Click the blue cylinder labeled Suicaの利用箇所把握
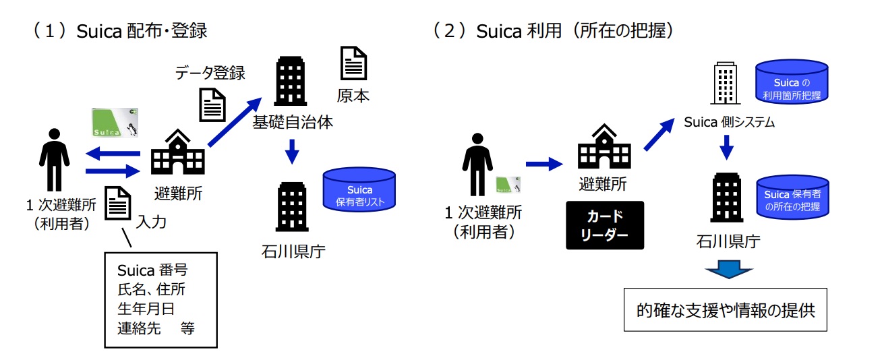(x=792, y=83)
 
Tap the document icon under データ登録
(x=212, y=104)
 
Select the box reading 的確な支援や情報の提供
(x=725, y=311)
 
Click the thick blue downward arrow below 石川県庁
(x=729, y=272)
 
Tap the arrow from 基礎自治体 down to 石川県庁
(x=291, y=151)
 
